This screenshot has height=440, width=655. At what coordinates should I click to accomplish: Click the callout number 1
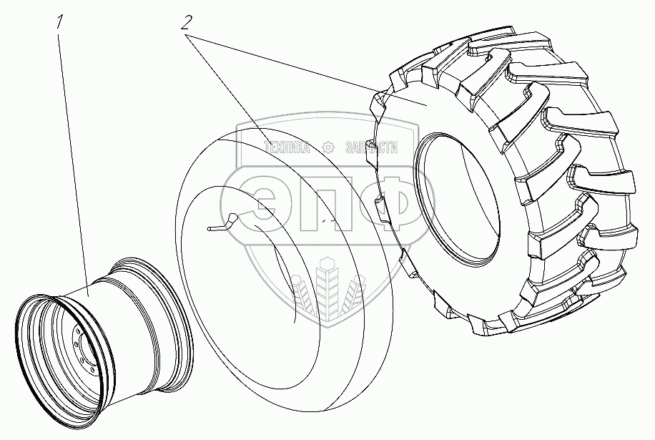click(x=60, y=22)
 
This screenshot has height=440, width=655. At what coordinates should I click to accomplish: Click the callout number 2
click(x=187, y=23)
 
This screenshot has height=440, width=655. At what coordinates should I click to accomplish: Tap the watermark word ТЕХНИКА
click(x=287, y=147)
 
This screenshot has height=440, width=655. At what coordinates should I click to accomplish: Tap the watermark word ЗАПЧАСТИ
click(x=371, y=147)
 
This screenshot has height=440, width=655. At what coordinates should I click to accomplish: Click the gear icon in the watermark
click(x=328, y=147)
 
